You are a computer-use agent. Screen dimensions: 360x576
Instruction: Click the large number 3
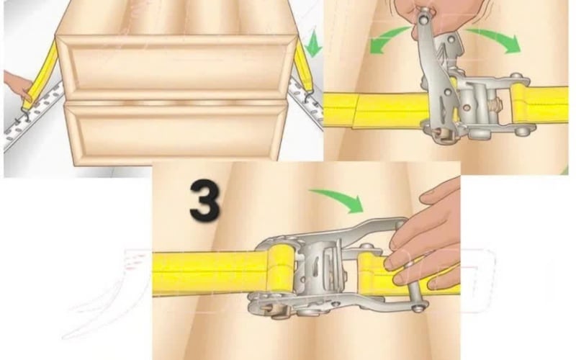pyautogui.click(x=204, y=199)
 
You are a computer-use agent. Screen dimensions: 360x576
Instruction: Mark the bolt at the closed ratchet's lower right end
pyautogui.click(x=418, y=308)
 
